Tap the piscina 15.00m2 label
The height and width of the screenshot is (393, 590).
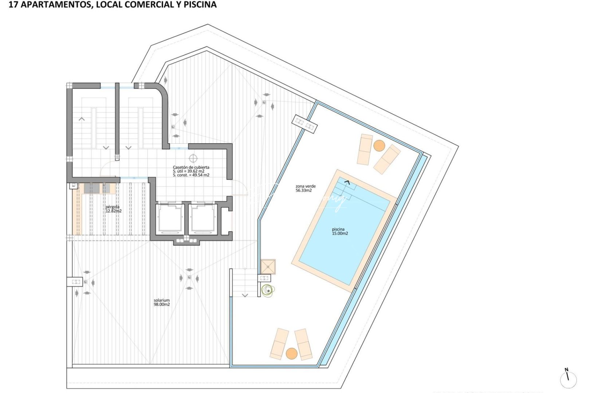click(339, 231)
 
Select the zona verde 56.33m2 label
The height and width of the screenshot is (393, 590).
click(305, 188)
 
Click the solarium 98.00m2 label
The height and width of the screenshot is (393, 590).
click(162, 302)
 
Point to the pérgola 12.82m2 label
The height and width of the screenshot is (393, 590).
click(113, 209)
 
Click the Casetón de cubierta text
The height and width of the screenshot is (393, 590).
click(191, 167)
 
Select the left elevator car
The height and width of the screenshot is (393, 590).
click(170, 218)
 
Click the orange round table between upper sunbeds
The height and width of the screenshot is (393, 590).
click(379, 146)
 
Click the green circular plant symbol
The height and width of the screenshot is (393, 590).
click(267, 290)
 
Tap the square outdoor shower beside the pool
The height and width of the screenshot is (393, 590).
click(268, 266)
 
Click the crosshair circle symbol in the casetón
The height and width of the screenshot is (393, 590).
click(193, 158)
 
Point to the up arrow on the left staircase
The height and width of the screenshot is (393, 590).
click(82, 119)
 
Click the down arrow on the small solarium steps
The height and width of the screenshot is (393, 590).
click(245, 295)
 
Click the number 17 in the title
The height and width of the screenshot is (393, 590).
click(12, 5)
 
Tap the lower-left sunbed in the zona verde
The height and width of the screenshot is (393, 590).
click(279, 344)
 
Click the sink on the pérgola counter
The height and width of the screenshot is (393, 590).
click(93, 188)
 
